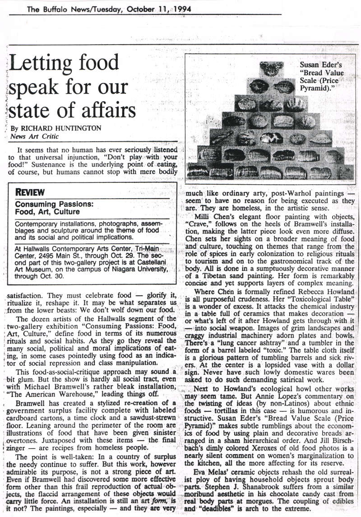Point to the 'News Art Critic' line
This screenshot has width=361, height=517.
point(34,136)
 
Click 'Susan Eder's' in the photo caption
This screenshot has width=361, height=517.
point(321,65)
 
